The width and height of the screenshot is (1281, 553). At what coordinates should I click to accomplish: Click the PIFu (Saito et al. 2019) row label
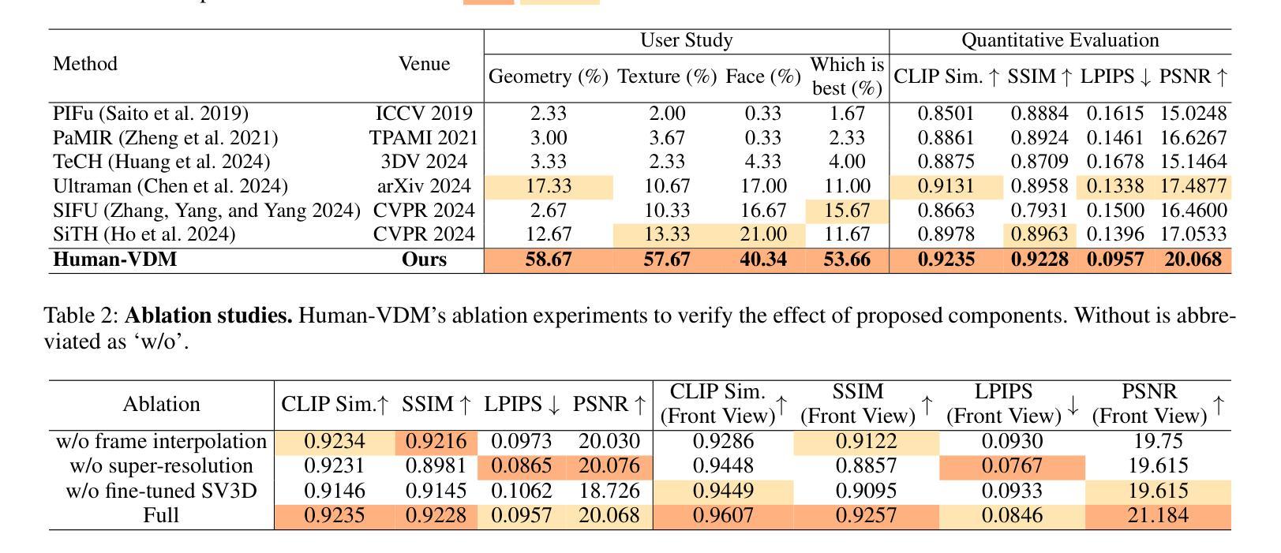[x=151, y=114]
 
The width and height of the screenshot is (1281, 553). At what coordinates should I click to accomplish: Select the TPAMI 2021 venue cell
[x=424, y=138]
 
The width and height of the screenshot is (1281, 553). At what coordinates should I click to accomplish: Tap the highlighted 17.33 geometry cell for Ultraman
[x=548, y=186]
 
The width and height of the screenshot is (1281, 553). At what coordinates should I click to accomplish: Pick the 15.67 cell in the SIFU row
[x=847, y=211]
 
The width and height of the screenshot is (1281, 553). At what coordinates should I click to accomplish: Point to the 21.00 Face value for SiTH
[x=762, y=234]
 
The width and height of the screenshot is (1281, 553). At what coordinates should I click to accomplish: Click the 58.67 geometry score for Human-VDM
[x=548, y=260]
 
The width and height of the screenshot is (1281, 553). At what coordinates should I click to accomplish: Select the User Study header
[x=686, y=41]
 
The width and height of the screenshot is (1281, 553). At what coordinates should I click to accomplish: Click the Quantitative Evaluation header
[x=1059, y=41]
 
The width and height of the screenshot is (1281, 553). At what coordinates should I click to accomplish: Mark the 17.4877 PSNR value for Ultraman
[x=1193, y=186]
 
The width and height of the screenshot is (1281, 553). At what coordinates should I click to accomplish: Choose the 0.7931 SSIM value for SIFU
[x=1039, y=211]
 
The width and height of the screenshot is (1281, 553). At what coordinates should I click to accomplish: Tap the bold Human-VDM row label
[x=115, y=260]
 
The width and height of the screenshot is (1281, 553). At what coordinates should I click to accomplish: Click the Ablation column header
[x=161, y=405]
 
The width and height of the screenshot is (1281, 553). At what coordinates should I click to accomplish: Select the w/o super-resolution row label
[x=161, y=466]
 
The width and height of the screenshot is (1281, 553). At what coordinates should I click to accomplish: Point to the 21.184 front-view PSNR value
[x=1158, y=515]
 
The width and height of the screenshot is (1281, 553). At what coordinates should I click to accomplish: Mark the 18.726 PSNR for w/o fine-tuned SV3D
[x=609, y=491]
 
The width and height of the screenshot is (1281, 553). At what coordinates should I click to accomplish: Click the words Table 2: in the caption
[x=81, y=316]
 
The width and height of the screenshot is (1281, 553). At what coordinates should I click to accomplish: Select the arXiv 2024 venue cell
[x=424, y=186]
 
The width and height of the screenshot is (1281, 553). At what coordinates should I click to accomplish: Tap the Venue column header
[x=424, y=64]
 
